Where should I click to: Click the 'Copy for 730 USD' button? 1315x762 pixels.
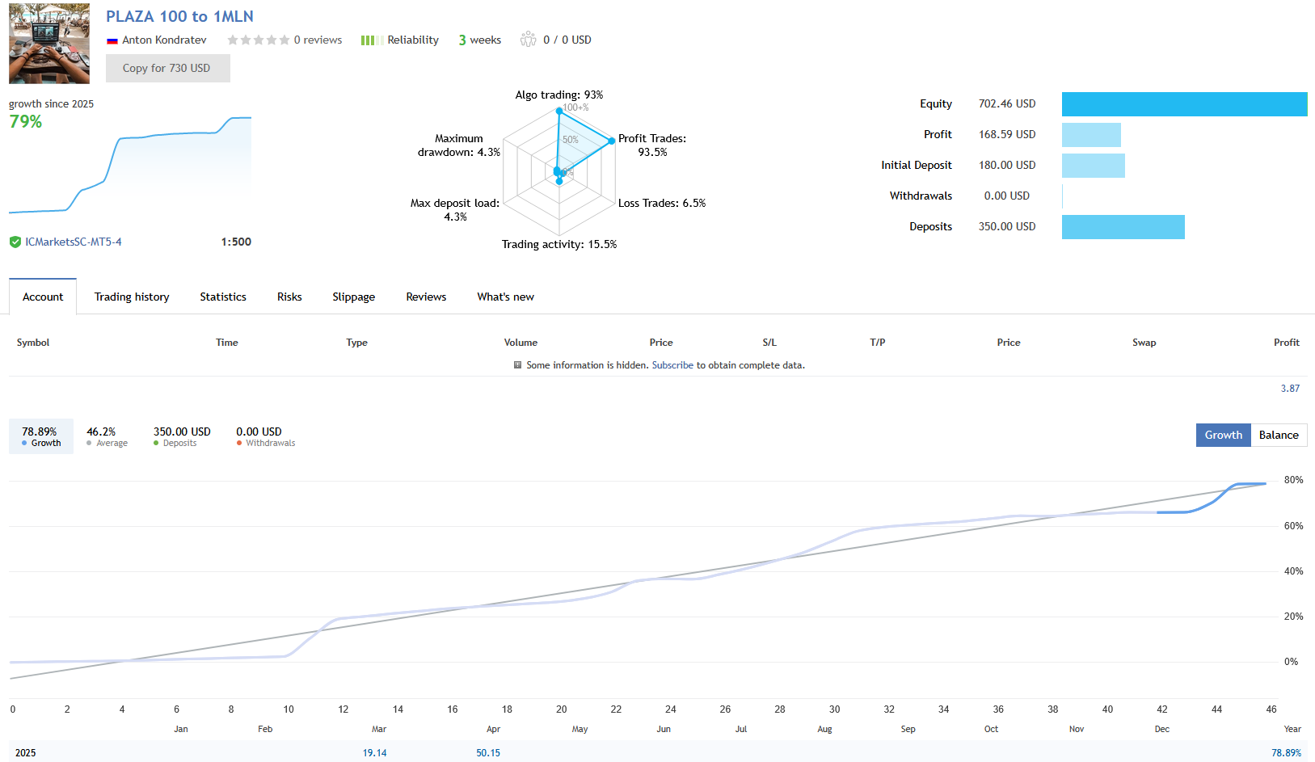pyautogui.click(x=167, y=69)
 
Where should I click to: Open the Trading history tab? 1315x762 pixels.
pyautogui.click(x=132, y=297)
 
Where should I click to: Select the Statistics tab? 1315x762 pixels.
pyautogui.click(x=223, y=297)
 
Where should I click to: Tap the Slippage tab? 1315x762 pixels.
pyautogui.click(x=353, y=297)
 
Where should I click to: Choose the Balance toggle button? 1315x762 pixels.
pyautogui.click(x=1279, y=436)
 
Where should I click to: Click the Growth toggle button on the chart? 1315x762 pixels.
pyautogui.click(x=1223, y=436)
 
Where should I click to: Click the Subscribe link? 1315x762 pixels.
pyautogui.click(x=672, y=365)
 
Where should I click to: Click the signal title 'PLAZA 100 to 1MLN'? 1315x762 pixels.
pyautogui.click(x=179, y=17)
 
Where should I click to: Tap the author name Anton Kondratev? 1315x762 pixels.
pyautogui.click(x=164, y=40)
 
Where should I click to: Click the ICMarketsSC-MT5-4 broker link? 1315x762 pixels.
pyautogui.click(x=74, y=242)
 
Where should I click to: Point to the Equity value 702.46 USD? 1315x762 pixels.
pyautogui.click(x=1006, y=104)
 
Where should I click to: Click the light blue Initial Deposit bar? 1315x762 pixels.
pyautogui.click(x=1093, y=166)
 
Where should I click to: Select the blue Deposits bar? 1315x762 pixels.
pyautogui.click(x=1123, y=227)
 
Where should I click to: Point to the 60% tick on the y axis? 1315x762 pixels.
pyautogui.click(x=1293, y=526)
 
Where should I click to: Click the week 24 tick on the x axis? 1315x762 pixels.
pyautogui.click(x=671, y=709)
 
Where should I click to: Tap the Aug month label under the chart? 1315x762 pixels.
pyautogui.click(x=824, y=729)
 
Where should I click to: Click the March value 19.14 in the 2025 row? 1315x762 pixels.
pyautogui.click(x=374, y=753)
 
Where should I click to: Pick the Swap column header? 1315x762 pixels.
pyautogui.click(x=1144, y=343)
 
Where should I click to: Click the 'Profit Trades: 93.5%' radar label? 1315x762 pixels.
pyautogui.click(x=652, y=145)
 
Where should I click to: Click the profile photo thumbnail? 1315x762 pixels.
pyautogui.click(x=49, y=44)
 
